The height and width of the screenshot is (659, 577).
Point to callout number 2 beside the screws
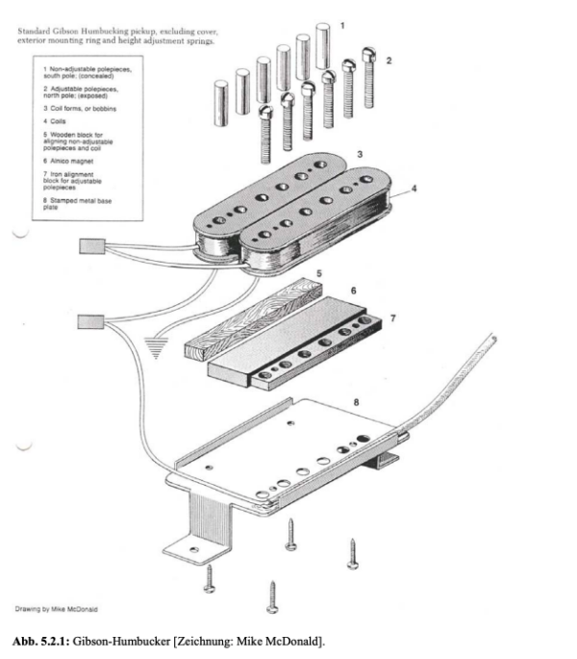click(x=389, y=61)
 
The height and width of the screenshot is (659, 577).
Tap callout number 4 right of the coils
click(x=415, y=189)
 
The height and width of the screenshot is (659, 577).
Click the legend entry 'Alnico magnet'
click(x=63, y=161)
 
